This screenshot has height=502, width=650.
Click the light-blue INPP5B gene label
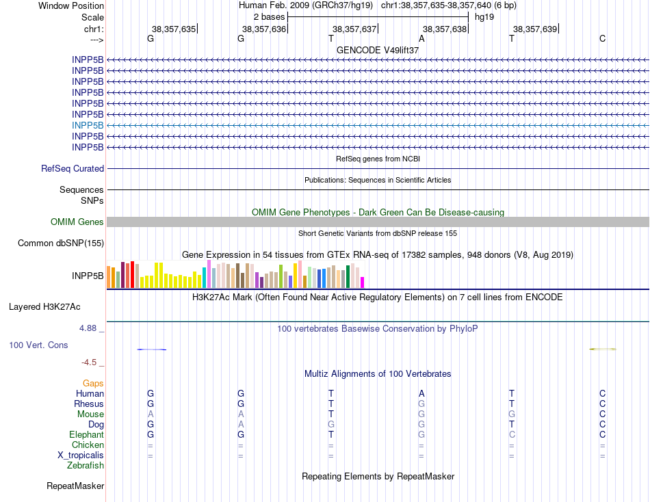pyautogui.click(x=88, y=125)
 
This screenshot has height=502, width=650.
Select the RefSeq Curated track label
pyautogui.click(x=73, y=168)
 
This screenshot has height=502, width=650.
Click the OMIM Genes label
pyautogui.click(x=77, y=222)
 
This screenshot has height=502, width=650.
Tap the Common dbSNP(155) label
pyautogui.click(x=61, y=243)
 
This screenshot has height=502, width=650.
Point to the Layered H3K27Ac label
pyautogui.click(x=56, y=306)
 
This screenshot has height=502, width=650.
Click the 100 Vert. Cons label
pyautogui.click(x=38, y=345)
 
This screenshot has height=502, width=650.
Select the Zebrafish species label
pyautogui.click(x=86, y=465)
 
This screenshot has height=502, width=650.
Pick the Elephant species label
pyautogui.click(x=86, y=434)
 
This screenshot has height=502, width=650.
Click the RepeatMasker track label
pyautogui.click(x=75, y=486)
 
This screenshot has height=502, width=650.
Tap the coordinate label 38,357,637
pyautogui.click(x=354, y=29)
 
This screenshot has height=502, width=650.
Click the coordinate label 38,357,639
pyautogui.click(x=535, y=29)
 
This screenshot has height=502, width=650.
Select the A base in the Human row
pyautogui.click(x=421, y=393)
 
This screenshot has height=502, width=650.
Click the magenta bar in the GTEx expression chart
pyautogui.click(x=362, y=282)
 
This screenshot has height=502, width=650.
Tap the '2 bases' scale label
pyautogui.click(x=269, y=16)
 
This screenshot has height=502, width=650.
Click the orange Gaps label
pyautogui.click(x=93, y=383)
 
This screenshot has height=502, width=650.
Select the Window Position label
pyautogui.click(x=71, y=5)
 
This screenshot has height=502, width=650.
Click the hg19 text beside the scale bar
pyautogui.click(x=484, y=16)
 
